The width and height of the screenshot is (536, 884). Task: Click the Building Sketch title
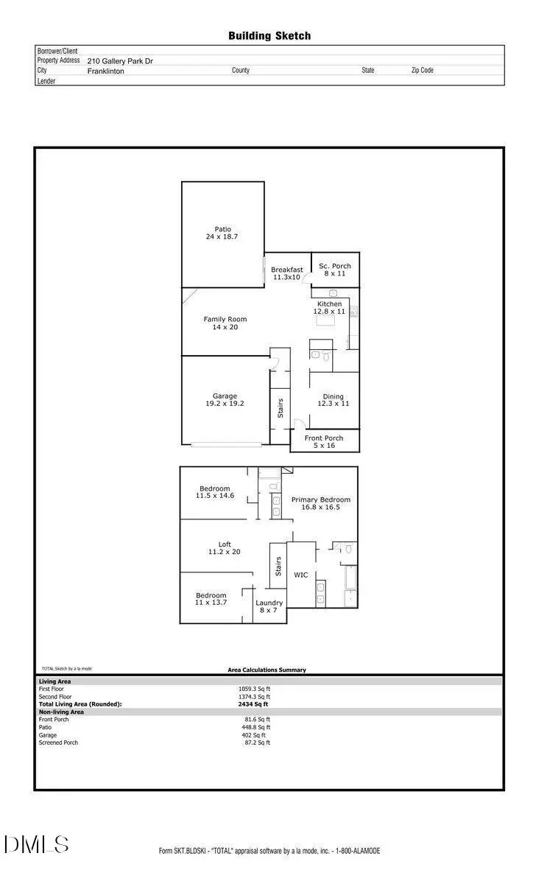pos(269,35)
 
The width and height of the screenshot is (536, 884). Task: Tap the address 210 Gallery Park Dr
pos(120,62)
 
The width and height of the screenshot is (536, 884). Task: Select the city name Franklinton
pos(106,71)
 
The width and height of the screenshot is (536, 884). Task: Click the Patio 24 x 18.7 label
pos(222,234)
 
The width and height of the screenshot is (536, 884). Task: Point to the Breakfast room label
pos(286,273)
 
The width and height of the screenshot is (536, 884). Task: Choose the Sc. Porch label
pos(335,270)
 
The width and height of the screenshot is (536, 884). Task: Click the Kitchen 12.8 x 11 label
pos(329,308)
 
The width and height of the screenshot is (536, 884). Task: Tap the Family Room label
pos(225,323)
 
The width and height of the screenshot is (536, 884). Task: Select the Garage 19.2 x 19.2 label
pos(225,400)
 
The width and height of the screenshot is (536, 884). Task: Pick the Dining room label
pos(333,400)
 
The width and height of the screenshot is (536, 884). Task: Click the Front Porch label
pos(324,442)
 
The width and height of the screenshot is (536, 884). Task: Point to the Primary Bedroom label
pos(321,503)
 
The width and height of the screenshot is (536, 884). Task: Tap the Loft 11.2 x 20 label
pos(225,548)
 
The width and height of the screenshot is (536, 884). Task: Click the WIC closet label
pos(301,575)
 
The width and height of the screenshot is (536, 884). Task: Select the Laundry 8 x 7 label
pos(269,606)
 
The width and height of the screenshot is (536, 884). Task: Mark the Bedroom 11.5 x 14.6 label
pos(214,492)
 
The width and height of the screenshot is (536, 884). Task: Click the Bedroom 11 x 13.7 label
pos(211,599)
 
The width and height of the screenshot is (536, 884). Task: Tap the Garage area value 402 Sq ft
pos(254,735)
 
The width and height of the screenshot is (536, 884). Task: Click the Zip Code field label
pos(422,71)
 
